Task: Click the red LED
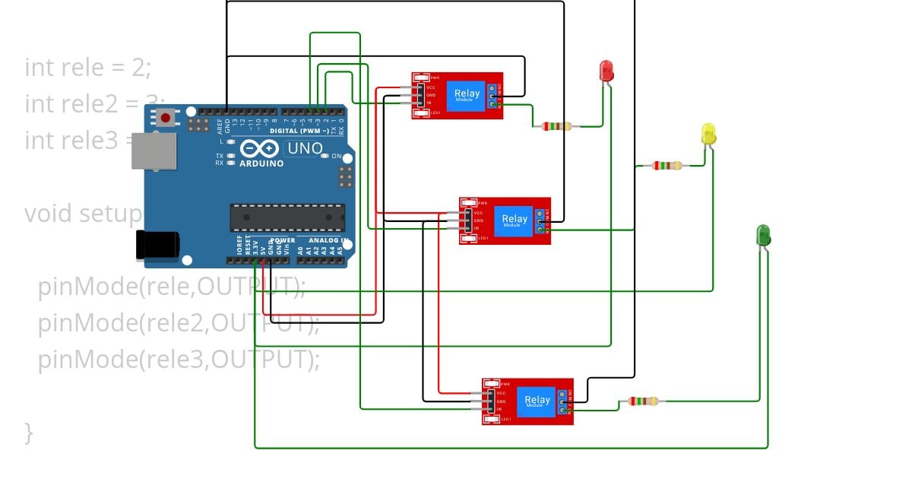[606, 71]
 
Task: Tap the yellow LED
[708, 135]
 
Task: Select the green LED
[763, 235]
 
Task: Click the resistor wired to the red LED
[556, 126]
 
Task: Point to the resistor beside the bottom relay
[643, 401]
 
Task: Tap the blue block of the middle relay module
[514, 220]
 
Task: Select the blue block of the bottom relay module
[537, 401]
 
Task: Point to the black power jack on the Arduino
[157, 245]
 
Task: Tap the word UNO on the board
[305, 149]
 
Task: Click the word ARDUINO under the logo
[261, 163]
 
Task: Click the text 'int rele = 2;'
[88, 67]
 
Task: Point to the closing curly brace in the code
[29, 433]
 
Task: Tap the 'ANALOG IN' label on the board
[328, 241]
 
